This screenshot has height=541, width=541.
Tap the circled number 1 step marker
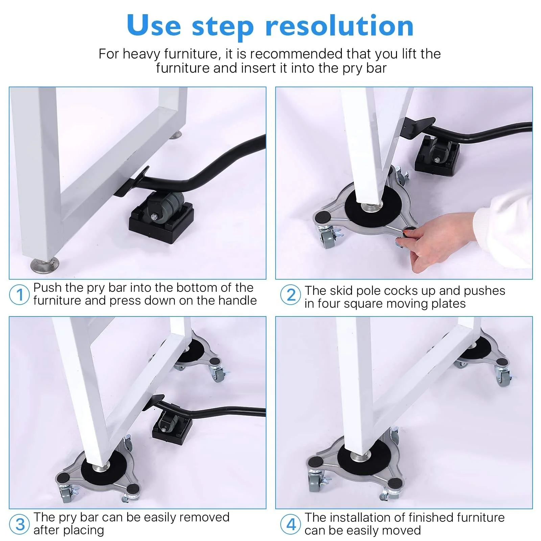click(x=19, y=295)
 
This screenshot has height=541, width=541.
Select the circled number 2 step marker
click(x=290, y=295)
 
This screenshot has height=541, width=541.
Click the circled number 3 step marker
click(x=20, y=524)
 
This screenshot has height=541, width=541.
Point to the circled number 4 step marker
click(x=290, y=524)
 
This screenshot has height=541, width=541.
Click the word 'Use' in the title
click(x=154, y=26)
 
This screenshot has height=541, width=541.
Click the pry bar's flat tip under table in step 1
click(x=130, y=183)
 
